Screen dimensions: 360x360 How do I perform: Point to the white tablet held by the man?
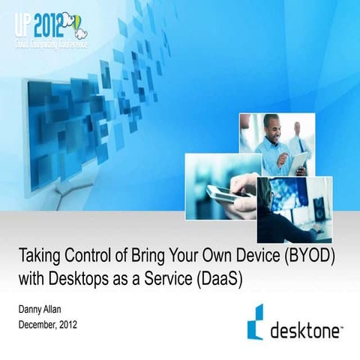(x=299, y=162)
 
